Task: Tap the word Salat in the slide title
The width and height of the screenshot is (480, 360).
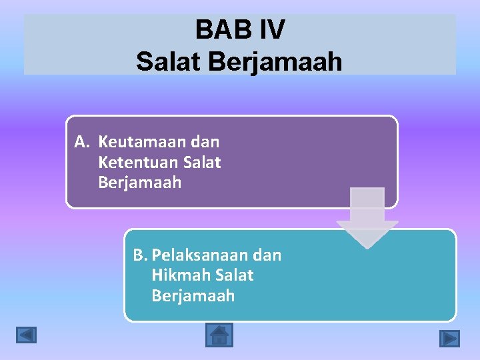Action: coord(169,62)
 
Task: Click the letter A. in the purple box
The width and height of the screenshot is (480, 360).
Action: coord(82,142)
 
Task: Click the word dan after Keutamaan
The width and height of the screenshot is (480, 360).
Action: coord(205,142)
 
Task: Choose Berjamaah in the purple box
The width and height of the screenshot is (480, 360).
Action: coord(139,183)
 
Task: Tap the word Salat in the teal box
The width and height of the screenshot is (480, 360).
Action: coord(235,275)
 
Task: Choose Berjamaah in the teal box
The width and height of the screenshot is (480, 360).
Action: coord(193,296)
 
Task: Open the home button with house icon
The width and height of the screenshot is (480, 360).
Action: coord(219,335)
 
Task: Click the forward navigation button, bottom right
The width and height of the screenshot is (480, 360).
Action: coord(450,339)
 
